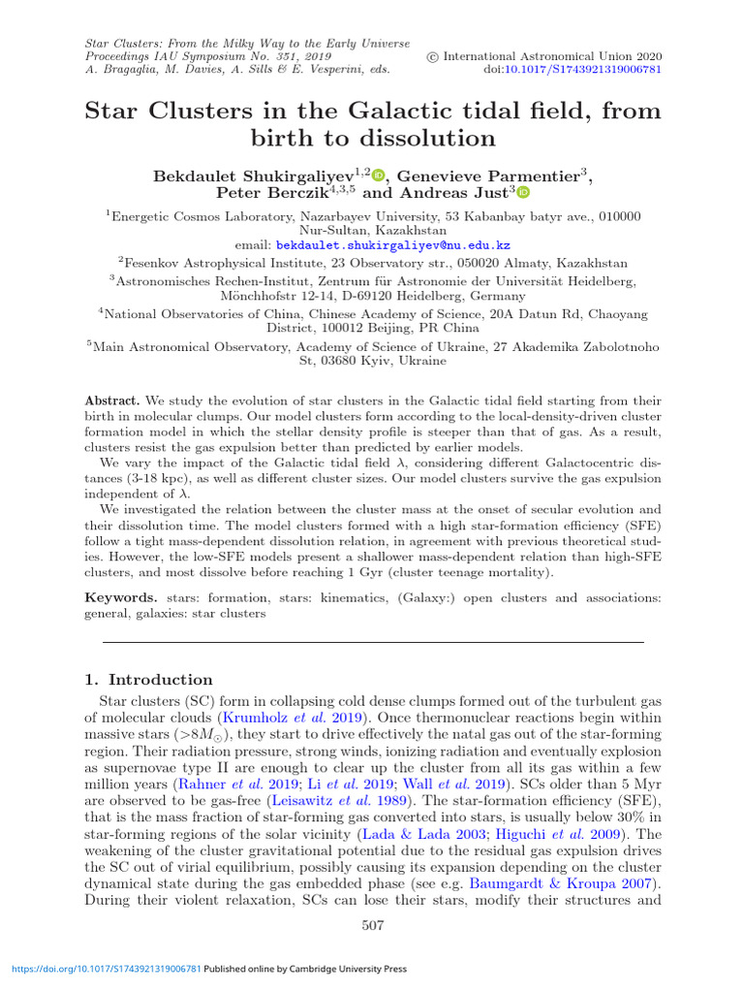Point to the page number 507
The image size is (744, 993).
click(x=373, y=925)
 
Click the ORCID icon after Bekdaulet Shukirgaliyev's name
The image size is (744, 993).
click(x=378, y=175)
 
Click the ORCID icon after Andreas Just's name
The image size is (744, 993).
click(x=523, y=193)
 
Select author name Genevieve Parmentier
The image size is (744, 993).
click(x=487, y=176)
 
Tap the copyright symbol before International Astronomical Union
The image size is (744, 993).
click(x=433, y=57)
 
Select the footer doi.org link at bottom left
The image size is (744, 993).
click(x=105, y=968)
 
